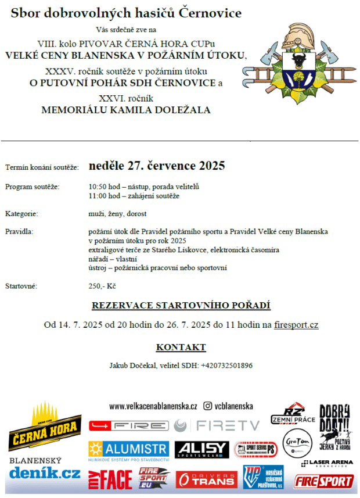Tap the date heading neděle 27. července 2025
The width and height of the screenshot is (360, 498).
157,166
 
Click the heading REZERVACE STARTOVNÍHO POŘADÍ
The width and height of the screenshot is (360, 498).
181,306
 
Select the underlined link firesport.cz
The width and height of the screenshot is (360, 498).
296,325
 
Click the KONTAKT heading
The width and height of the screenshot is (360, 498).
181,347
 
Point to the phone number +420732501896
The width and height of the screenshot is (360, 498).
227,366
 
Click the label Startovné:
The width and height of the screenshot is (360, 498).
21,286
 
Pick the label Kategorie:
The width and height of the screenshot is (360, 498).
21,214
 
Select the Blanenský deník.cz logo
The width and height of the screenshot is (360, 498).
44,468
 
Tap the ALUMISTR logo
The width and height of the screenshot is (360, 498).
129,450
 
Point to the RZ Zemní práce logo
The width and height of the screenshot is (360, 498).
293,414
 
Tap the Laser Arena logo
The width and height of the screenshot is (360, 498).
328,464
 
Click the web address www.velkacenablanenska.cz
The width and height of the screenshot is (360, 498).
153,407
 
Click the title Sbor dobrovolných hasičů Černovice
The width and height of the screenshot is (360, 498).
126,13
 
